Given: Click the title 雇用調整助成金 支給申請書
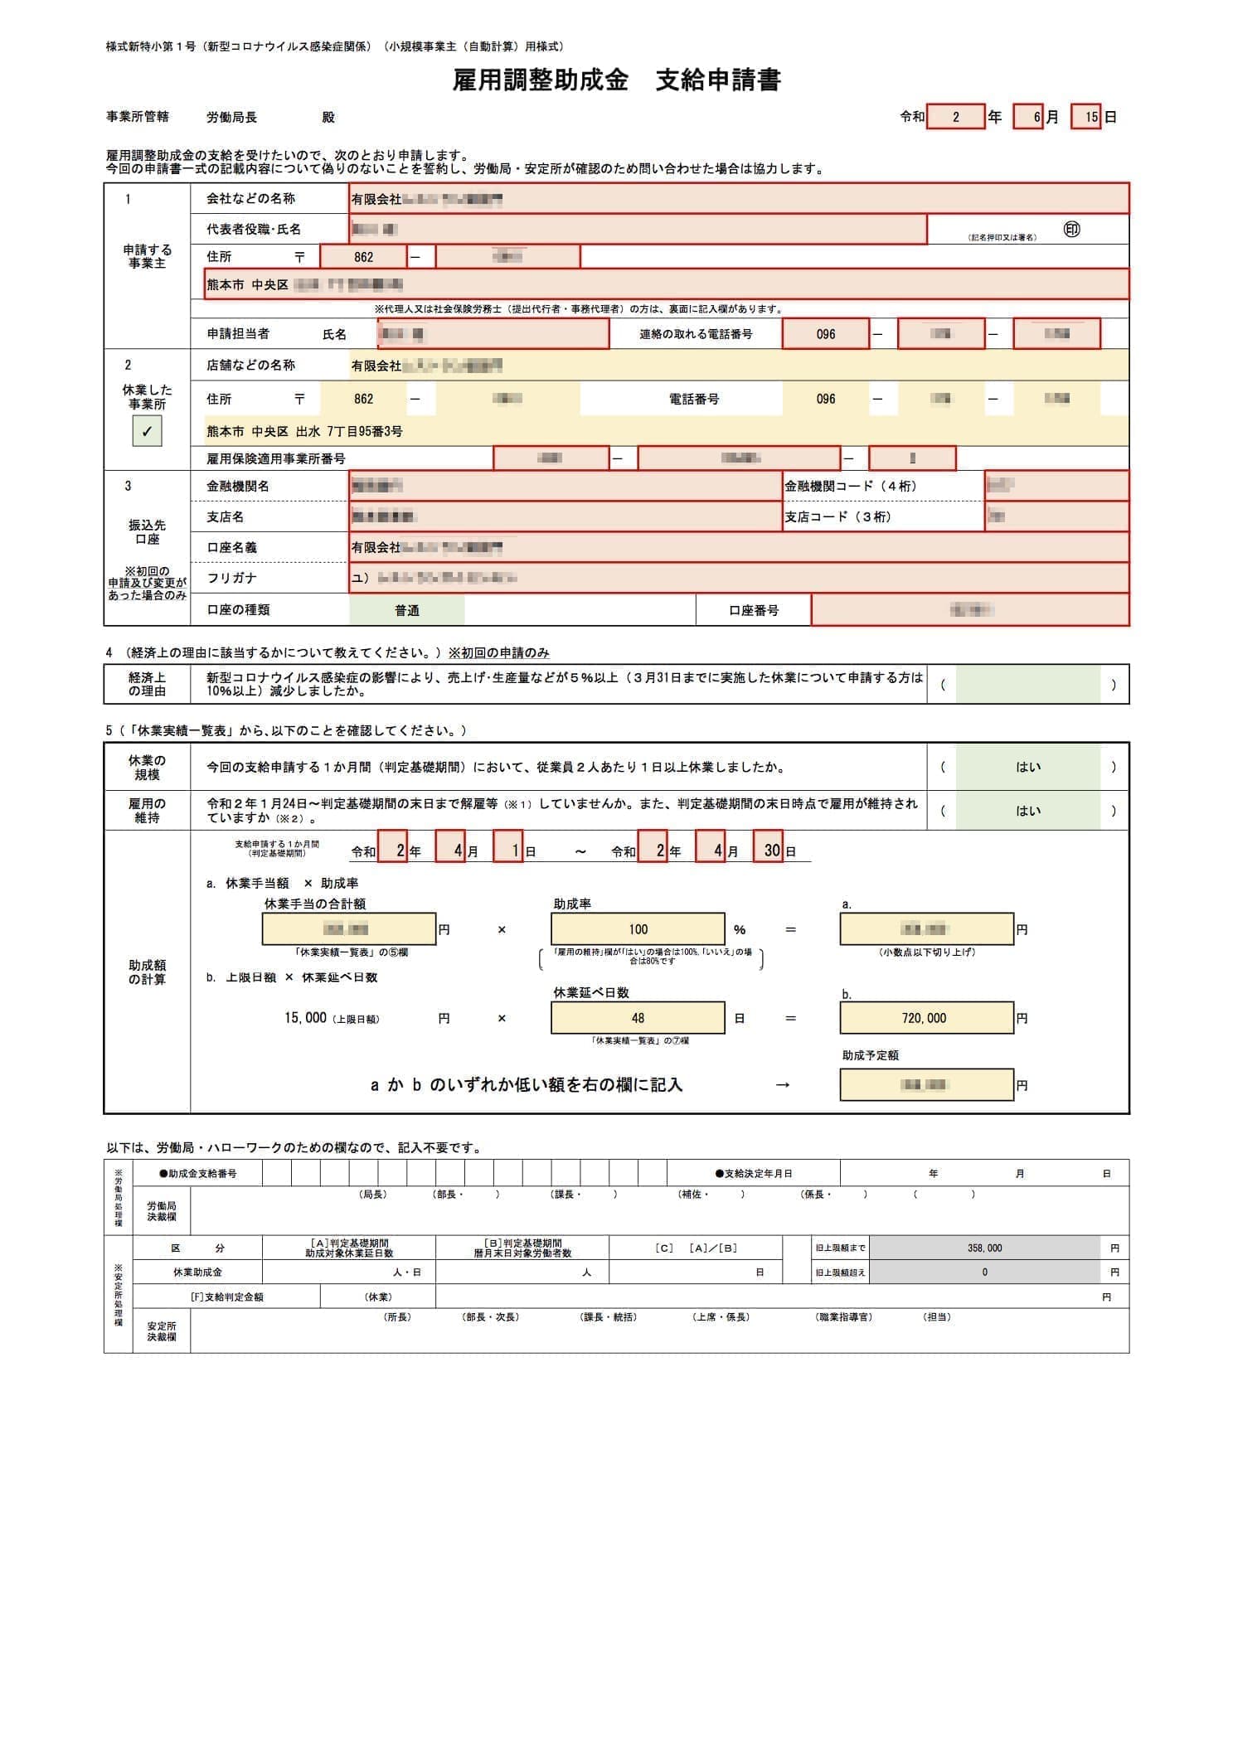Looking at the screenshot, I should [x=616, y=80].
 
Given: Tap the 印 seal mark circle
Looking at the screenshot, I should [x=1071, y=230].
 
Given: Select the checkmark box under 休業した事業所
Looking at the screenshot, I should [x=147, y=431].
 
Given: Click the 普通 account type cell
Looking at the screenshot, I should [x=406, y=610].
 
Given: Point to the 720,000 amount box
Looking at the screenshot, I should [x=925, y=1018].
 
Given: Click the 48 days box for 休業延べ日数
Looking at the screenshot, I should [x=637, y=1018].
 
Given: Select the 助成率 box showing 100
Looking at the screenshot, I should [x=637, y=929].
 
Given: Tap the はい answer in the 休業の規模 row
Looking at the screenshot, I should [x=1027, y=767].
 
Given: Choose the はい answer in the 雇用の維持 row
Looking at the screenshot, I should [x=1027, y=811].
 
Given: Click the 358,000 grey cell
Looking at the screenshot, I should [x=985, y=1248].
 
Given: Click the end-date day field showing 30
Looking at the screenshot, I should [x=769, y=851].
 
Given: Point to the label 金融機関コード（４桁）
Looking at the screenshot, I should [x=851, y=486].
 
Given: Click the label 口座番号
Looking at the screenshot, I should [x=754, y=610].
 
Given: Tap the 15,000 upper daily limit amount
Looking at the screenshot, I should [x=305, y=1018].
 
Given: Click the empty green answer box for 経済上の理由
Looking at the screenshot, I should [x=1027, y=685].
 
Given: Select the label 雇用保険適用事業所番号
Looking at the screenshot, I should [x=276, y=458].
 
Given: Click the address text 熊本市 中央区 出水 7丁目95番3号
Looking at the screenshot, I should [x=305, y=431].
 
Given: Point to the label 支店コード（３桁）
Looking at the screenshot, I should [x=837, y=516].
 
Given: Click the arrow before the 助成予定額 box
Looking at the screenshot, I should [x=782, y=1085].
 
